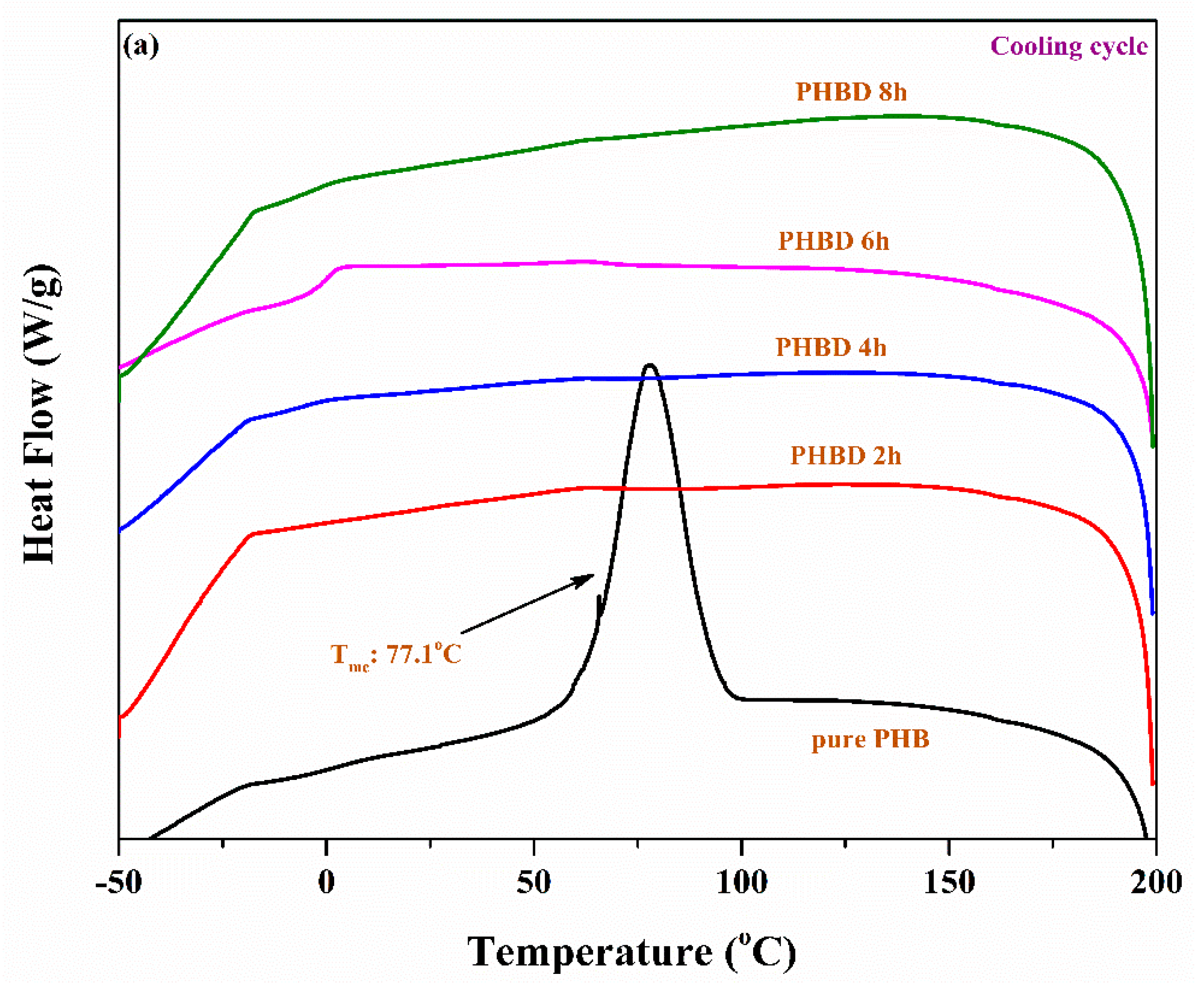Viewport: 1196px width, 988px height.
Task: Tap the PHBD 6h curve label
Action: pos(833,241)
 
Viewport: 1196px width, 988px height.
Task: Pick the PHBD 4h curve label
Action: pos(831,347)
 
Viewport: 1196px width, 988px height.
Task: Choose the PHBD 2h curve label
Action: pos(846,456)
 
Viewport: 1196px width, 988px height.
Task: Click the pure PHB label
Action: pos(870,739)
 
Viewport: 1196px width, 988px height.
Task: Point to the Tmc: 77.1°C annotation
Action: pos(396,655)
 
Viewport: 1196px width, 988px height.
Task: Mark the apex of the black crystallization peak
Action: pos(650,365)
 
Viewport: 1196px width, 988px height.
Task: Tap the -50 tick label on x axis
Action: pos(118,883)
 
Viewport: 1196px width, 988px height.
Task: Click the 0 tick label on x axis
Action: pos(326,883)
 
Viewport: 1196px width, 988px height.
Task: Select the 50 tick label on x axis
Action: pos(533,883)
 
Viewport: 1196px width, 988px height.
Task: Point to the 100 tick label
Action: pos(741,883)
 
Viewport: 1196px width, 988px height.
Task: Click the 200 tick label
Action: pos(1156,883)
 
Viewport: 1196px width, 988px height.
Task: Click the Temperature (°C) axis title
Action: pos(631,952)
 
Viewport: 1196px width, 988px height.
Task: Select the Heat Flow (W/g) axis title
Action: pos(41,414)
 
